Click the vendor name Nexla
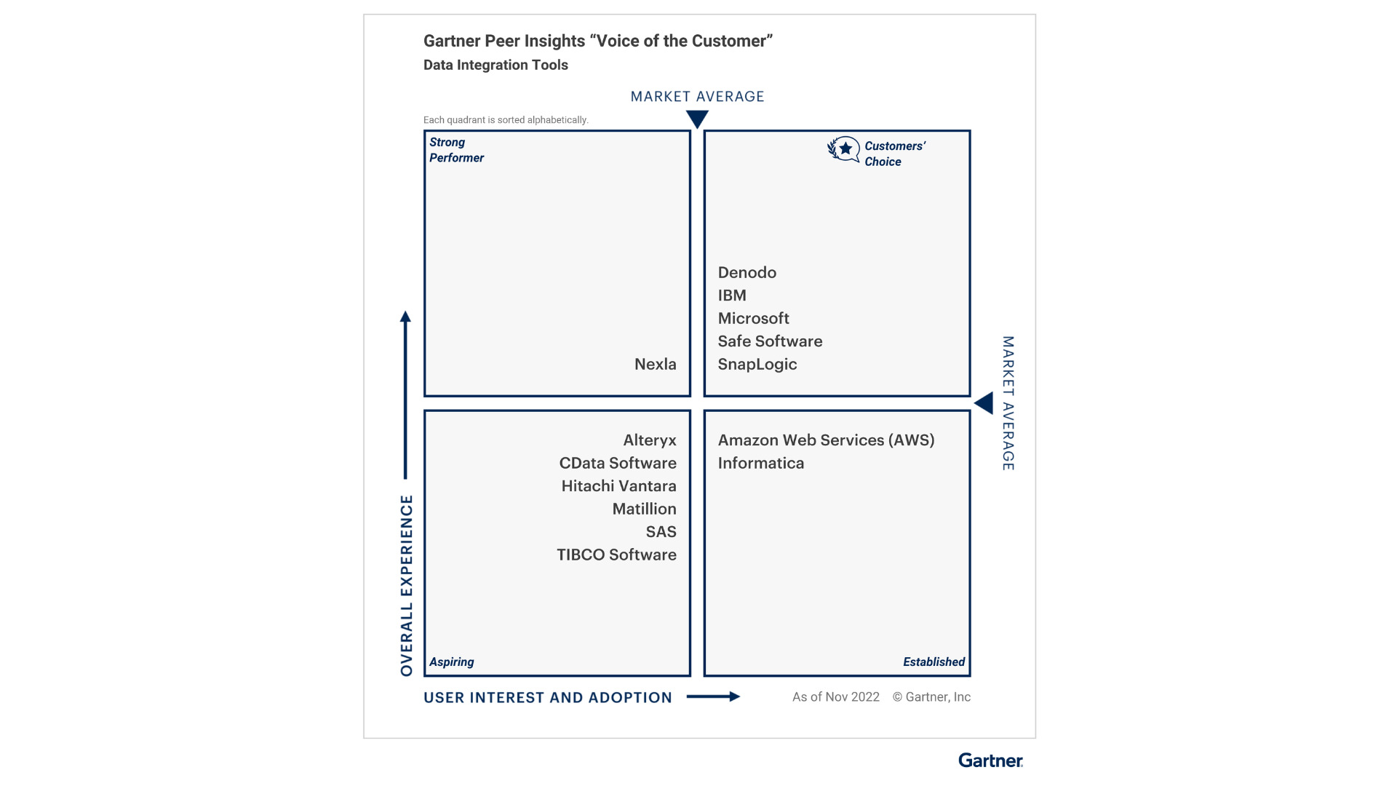(655, 365)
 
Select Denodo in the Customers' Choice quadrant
(747, 273)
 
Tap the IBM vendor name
(731, 295)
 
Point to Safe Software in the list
(770, 341)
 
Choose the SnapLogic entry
(757, 365)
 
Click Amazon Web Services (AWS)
(826, 440)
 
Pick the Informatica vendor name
(760, 464)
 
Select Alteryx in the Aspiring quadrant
(649, 440)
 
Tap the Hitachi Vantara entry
(618, 486)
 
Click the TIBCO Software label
(616, 555)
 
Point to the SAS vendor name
(661, 532)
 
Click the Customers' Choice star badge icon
(844, 149)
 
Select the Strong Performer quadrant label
(456, 150)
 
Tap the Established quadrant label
(934, 662)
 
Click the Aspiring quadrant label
(451, 662)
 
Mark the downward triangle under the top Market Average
(697, 119)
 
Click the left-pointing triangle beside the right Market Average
(984, 403)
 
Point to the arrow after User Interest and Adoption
(713, 696)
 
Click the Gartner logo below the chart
(990, 761)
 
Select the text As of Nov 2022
(835, 697)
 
